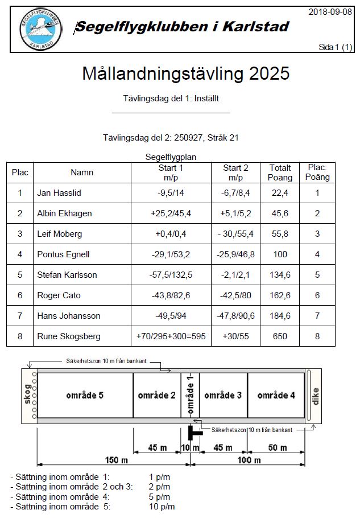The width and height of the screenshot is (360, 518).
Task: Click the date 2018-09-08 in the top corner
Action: (x=330, y=12)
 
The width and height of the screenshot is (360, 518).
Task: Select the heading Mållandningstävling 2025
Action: (x=185, y=74)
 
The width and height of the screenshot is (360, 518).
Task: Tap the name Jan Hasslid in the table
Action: (x=59, y=193)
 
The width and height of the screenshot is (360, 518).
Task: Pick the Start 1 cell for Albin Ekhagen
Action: (x=170, y=213)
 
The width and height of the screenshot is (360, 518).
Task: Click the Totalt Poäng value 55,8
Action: (x=280, y=234)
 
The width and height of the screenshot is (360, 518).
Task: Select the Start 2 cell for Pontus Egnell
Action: (x=235, y=254)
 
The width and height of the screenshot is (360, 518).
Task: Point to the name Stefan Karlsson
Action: (x=67, y=275)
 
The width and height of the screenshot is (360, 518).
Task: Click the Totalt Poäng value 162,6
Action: (x=280, y=295)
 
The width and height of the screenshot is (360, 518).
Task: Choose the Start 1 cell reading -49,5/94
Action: (x=170, y=316)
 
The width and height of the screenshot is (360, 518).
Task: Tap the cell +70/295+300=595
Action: (x=171, y=336)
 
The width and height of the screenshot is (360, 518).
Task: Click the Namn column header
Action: (x=82, y=172)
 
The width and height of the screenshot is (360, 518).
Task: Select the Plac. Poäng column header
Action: (x=317, y=172)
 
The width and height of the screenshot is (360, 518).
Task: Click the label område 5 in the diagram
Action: (x=85, y=396)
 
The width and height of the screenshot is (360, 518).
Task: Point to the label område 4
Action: (x=276, y=396)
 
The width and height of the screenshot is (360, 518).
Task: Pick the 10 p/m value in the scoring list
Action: (x=162, y=506)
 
